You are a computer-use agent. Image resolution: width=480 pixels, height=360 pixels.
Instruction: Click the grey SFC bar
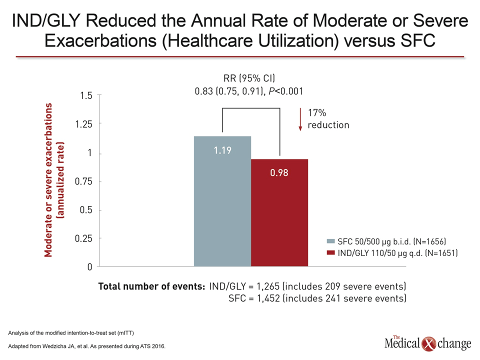[x=222, y=201]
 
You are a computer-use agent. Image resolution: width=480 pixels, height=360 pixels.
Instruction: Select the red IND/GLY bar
[x=279, y=213]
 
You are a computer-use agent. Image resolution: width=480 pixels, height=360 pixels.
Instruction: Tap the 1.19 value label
[x=222, y=150]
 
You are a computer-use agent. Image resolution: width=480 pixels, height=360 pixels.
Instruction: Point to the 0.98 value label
[x=279, y=173]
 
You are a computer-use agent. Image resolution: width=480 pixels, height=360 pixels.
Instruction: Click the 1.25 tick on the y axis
[x=83, y=124]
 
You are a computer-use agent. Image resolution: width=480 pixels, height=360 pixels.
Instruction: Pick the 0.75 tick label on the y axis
[x=83, y=181]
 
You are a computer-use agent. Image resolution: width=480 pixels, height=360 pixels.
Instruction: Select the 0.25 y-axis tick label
[x=83, y=238]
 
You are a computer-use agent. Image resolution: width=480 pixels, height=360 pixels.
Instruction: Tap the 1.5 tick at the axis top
[x=86, y=96]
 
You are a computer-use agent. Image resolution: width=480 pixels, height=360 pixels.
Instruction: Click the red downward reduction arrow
[x=300, y=119]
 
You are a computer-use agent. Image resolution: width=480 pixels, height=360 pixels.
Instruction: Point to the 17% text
[x=317, y=113]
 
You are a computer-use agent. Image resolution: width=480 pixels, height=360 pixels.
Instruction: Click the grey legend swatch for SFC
[x=331, y=241]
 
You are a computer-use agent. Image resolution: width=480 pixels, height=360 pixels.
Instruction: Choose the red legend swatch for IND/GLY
[x=331, y=252]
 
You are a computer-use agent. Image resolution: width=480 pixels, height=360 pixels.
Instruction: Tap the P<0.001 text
[x=286, y=91]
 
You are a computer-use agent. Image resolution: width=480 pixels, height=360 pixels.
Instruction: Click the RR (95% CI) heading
[x=249, y=78]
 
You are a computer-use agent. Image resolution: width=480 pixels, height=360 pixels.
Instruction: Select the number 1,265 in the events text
[x=268, y=286]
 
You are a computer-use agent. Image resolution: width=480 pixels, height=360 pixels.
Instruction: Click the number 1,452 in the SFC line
[x=268, y=298]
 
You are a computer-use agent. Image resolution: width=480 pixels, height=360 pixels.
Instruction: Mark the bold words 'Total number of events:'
[x=151, y=286]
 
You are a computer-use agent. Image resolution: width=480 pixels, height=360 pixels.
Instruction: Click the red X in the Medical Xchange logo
[x=428, y=344]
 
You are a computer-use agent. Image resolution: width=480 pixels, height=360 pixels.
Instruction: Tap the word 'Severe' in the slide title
[x=440, y=21]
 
